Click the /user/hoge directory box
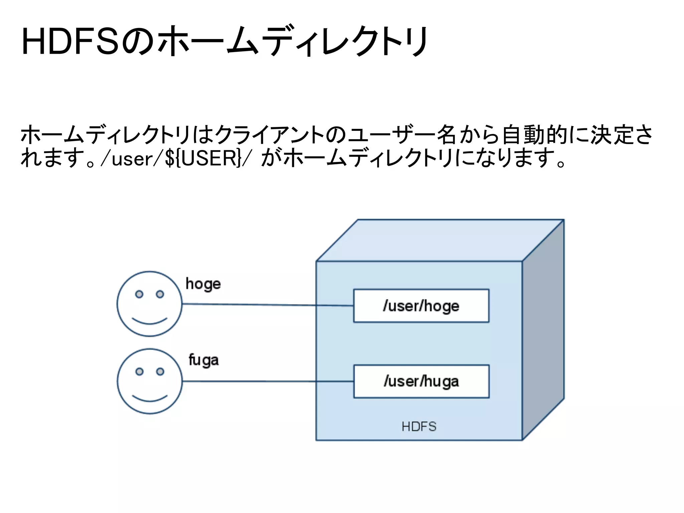pos(421,306)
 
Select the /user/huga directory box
pos(421,381)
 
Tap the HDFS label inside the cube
pos(419,426)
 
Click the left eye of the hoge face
pos(139,294)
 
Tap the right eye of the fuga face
pos(160,371)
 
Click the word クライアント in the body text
pos(269,135)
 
